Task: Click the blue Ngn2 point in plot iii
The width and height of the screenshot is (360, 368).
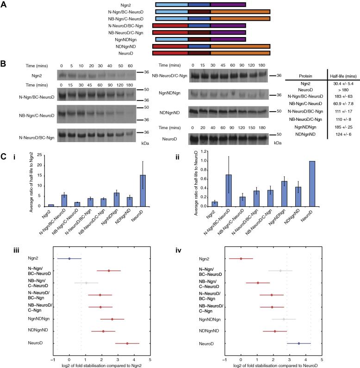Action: [69, 259]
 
